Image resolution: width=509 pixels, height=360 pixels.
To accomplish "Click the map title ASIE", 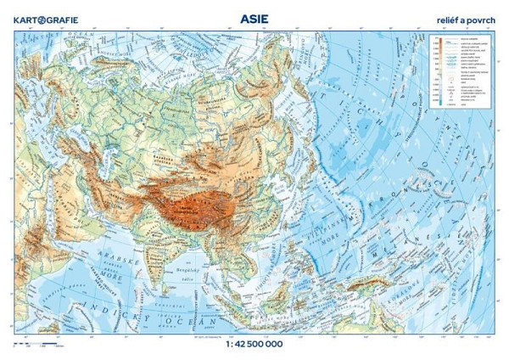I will pos(255,14).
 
